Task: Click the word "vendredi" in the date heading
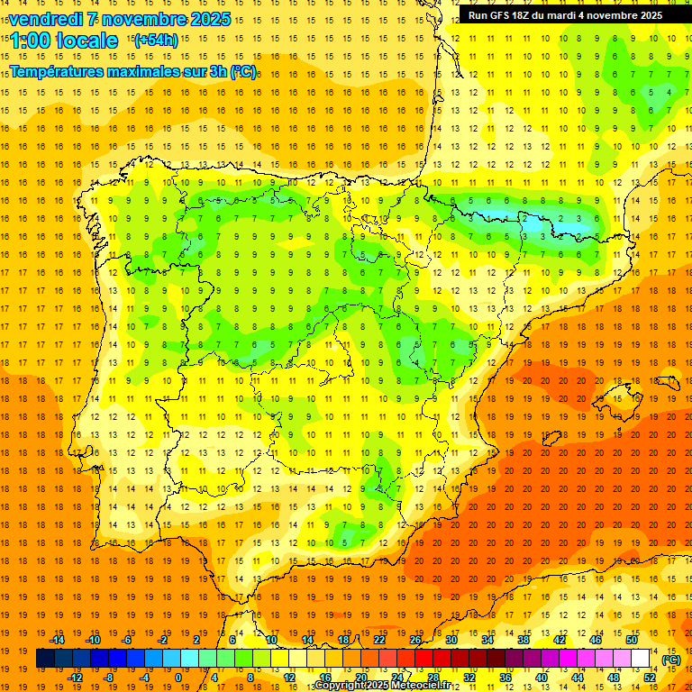click(45, 19)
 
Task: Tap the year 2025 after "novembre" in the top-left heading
click(210, 19)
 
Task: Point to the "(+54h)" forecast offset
click(155, 41)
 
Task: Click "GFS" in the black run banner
click(505, 15)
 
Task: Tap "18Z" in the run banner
click(530, 15)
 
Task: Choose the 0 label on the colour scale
click(178, 678)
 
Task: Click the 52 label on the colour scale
click(649, 678)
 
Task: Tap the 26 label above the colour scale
click(414, 640)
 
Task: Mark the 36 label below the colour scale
click(505, 678)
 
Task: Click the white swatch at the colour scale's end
click(640, 659)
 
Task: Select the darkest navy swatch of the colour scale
click(45, 659)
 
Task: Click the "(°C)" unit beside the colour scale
click(670, 660)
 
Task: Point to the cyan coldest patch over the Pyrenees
click(541, 219)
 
